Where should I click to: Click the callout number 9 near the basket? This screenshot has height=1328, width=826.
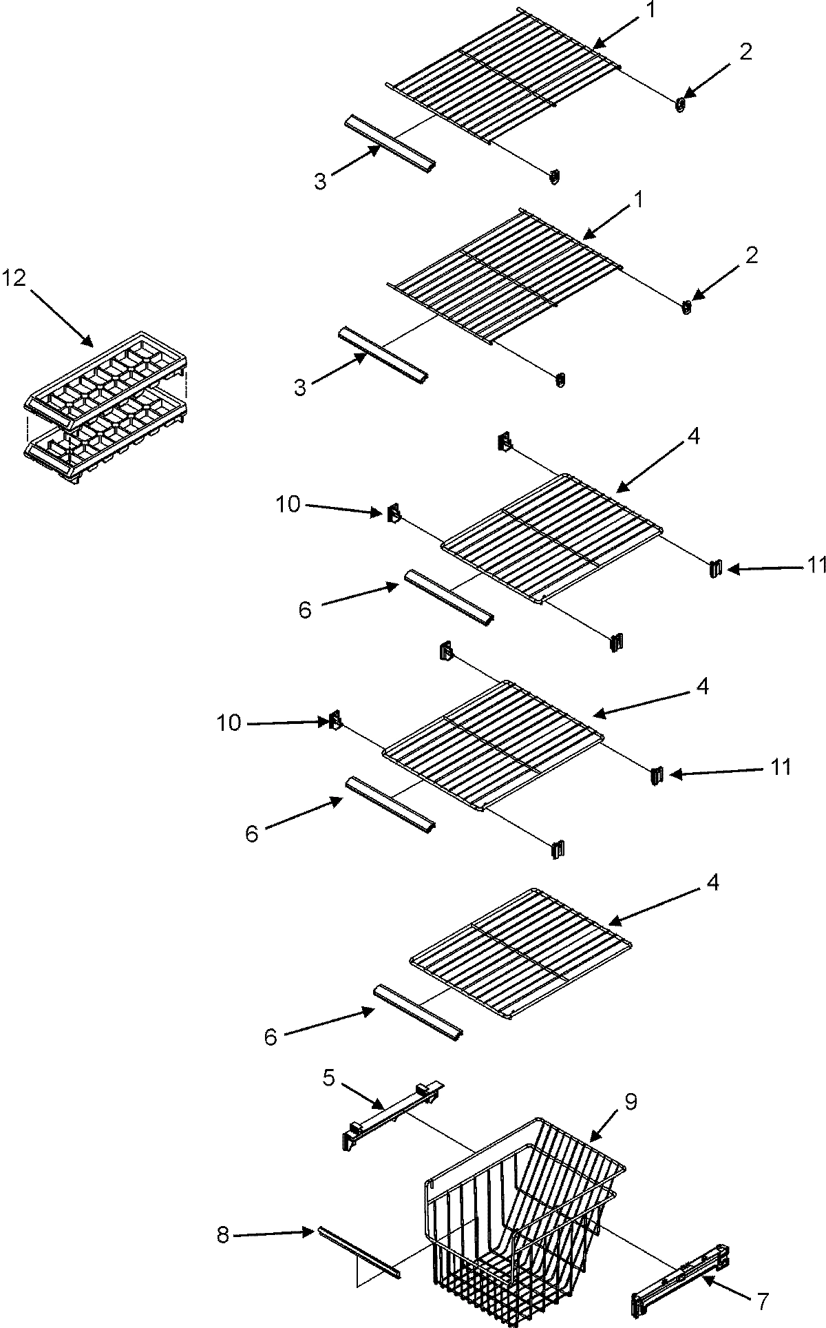pyautogui.click(x=631, y=1101)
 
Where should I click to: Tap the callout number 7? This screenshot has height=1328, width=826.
pyautogui.click(x=761, y=1300)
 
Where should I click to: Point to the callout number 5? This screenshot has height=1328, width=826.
pyautogui.click(x=329, y=1077)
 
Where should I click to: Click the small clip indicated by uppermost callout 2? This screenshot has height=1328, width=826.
pyautogui.click(x=681, y=104)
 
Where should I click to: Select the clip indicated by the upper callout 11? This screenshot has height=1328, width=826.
pyautogui.click(x=716, y=568)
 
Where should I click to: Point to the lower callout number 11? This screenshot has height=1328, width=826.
pyautogui.click(x=780, y=767)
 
